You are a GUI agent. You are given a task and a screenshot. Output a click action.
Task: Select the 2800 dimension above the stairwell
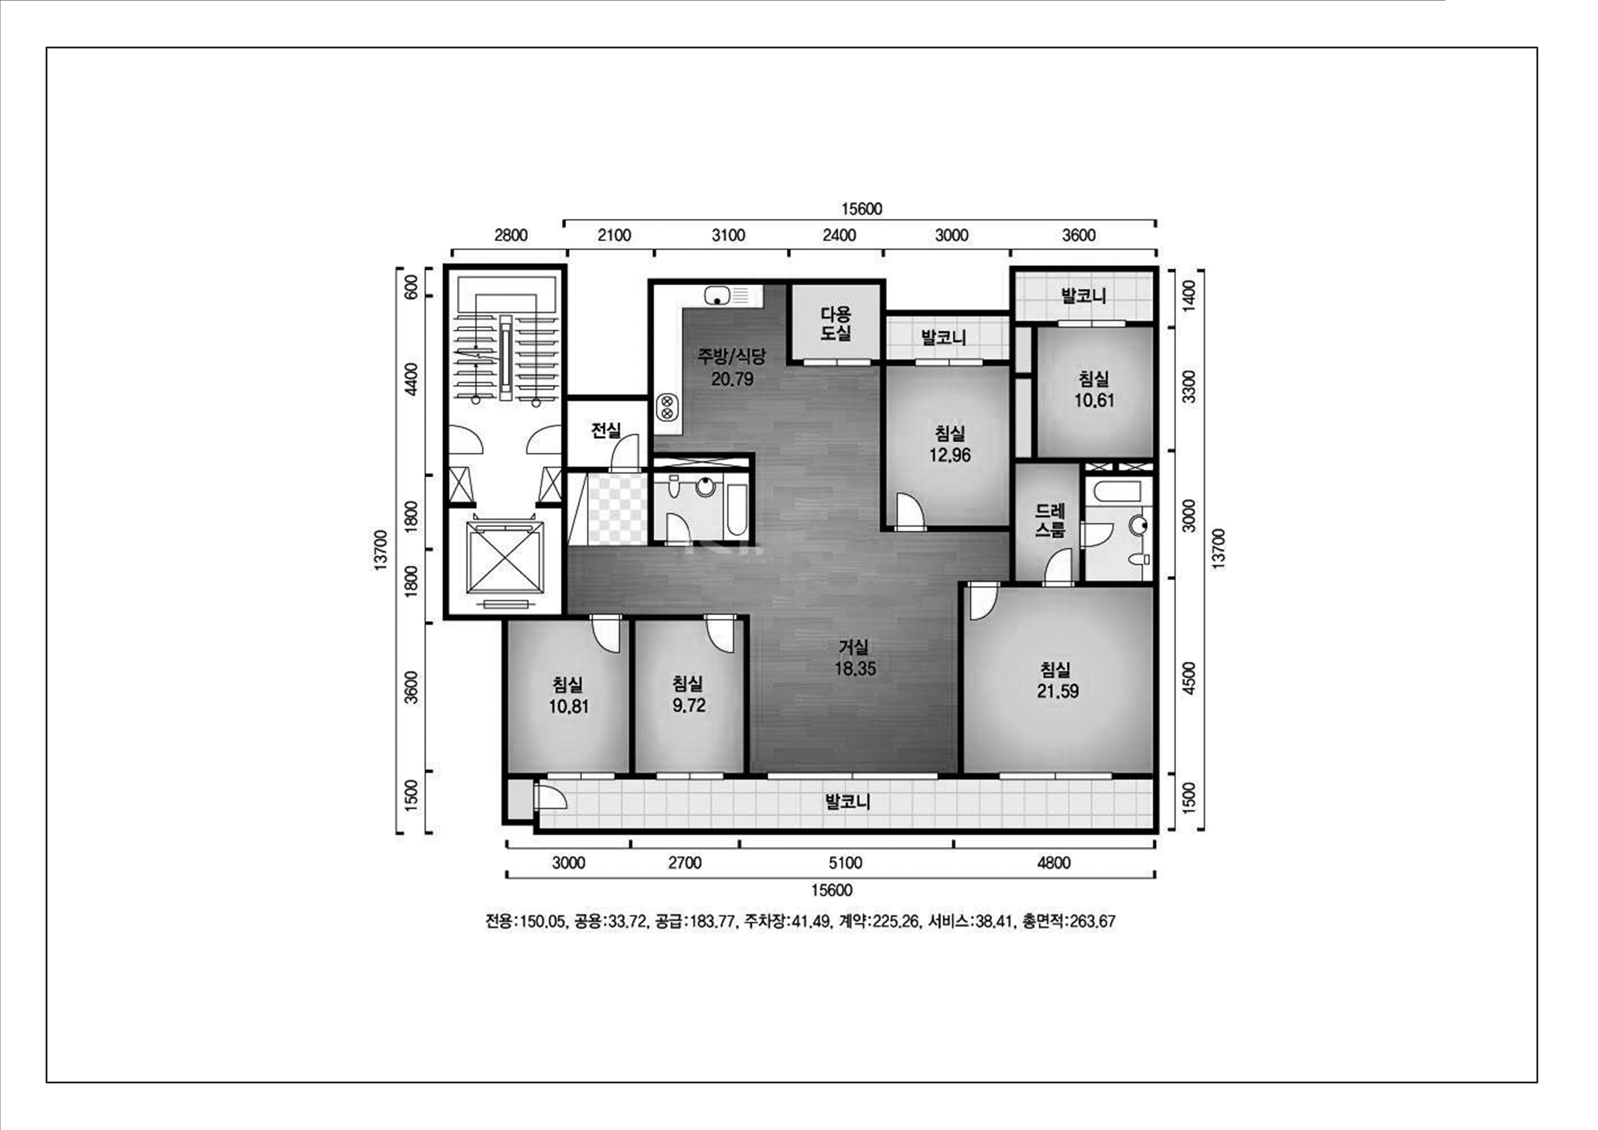tap(511, 235)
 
